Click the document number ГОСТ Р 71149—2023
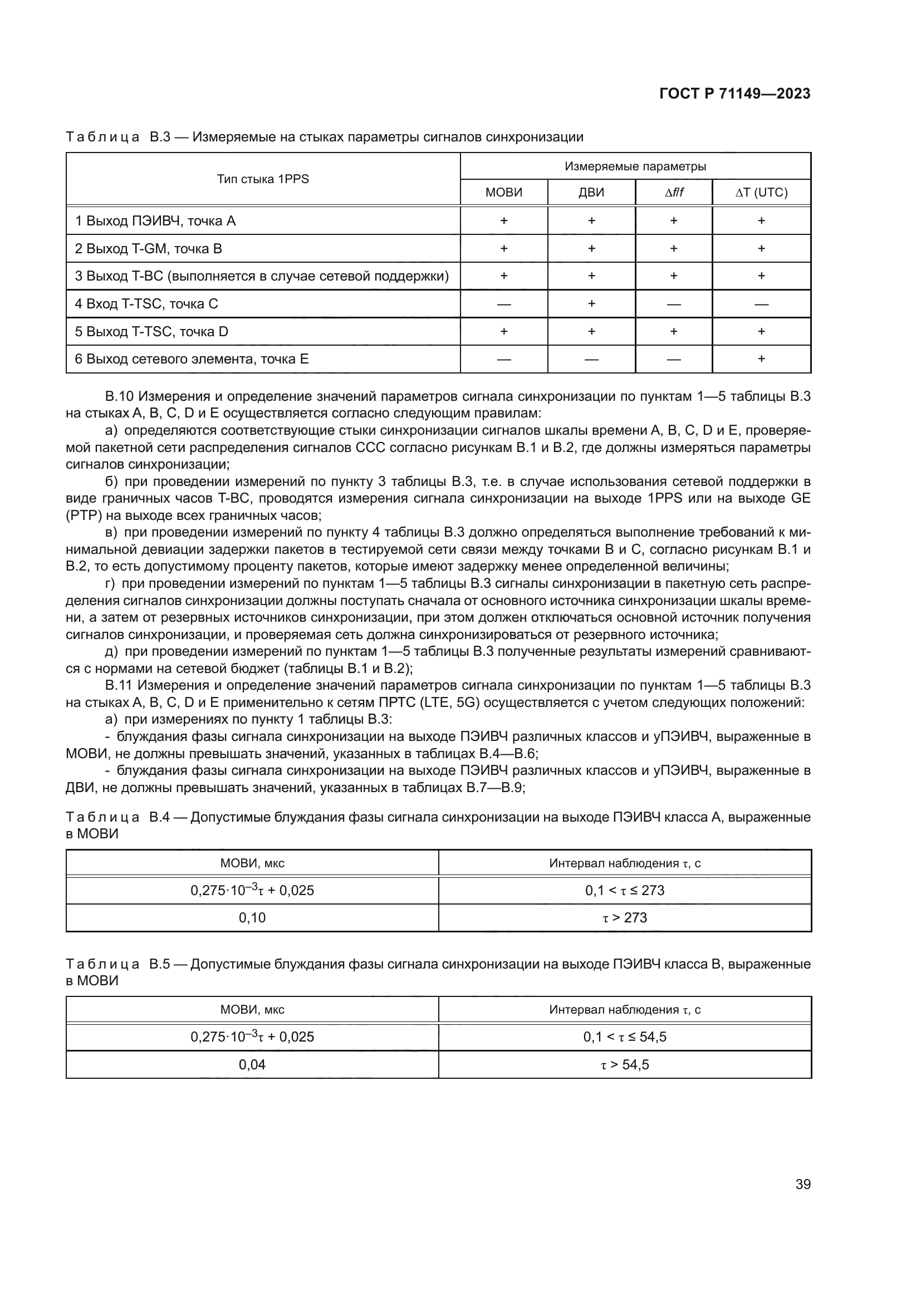tap(735, 94)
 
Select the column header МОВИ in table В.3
tap(503, 192)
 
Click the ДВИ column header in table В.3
tap(591, 192)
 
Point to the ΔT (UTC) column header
tap(761, 192)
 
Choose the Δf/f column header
tap(674, 192)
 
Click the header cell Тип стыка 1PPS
tap(263, 179)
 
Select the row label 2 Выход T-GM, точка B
tap(149, 248)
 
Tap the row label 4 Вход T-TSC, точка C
tap(146, 304)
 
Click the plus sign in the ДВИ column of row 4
tap(591, 303)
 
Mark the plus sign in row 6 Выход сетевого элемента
tap(761, 358)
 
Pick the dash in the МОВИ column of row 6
tap(503, 359)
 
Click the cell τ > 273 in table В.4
tap(624, 917)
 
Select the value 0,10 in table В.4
tap(252, 917)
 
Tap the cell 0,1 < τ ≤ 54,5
tap(624, 1036)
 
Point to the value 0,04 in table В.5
tap(252, 1064)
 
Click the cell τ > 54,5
tap(624, 1064)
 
